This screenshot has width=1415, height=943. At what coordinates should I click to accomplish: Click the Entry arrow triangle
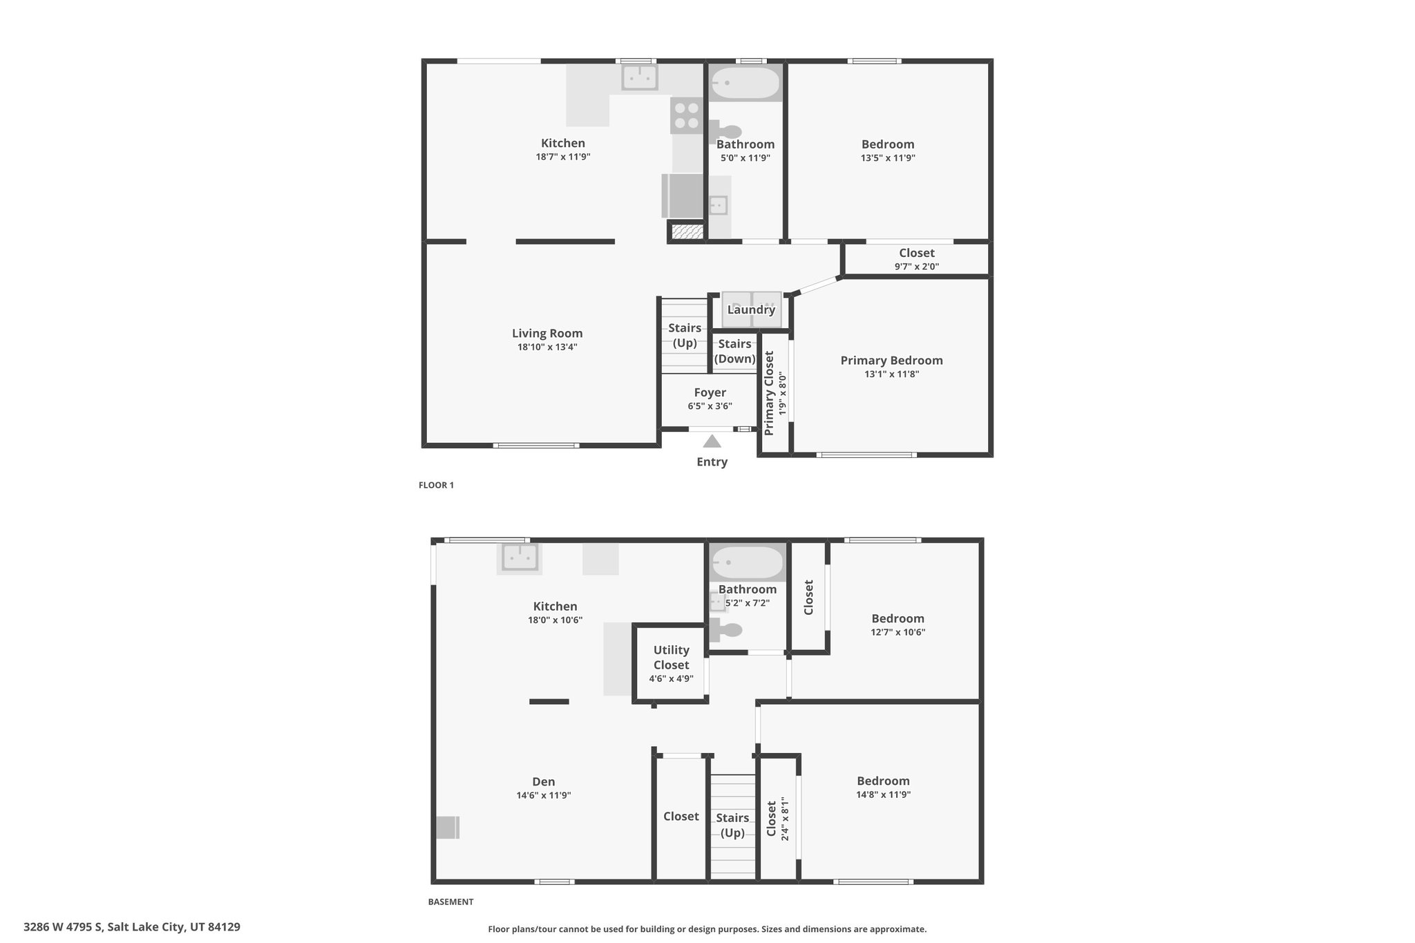(712, 441)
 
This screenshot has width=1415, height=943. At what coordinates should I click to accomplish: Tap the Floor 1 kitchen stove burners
(687, 115)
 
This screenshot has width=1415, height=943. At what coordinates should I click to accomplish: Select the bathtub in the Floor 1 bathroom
(746, 84)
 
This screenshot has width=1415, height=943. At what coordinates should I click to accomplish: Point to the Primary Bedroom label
(891, 361)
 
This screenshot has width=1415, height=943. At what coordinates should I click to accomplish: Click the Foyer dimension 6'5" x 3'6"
(710, 406)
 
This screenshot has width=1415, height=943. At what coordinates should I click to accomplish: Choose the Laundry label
(751, 309)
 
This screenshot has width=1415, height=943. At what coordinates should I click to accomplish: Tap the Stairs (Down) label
(734, 351)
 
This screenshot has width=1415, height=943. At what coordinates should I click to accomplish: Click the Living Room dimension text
(547, 347)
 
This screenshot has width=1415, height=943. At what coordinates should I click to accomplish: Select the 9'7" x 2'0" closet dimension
(917, 267)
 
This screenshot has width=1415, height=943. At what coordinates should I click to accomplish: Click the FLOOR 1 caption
(436, 485)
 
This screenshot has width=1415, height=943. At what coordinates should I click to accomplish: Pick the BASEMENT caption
(450, 902)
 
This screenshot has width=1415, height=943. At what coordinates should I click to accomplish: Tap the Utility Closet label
(672, 657)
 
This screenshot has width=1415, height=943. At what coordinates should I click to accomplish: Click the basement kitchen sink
(520, 558)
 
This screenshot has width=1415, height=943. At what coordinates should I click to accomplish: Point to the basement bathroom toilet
(725, 629)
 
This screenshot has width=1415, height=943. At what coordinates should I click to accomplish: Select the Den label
(544, 782)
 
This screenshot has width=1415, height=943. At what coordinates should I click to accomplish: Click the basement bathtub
(747, 563)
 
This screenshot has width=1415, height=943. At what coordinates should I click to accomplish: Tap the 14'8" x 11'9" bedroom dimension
(883, 794)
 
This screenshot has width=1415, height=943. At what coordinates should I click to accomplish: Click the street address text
(132, 927)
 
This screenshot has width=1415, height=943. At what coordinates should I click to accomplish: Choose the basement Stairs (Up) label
(732, 826)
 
